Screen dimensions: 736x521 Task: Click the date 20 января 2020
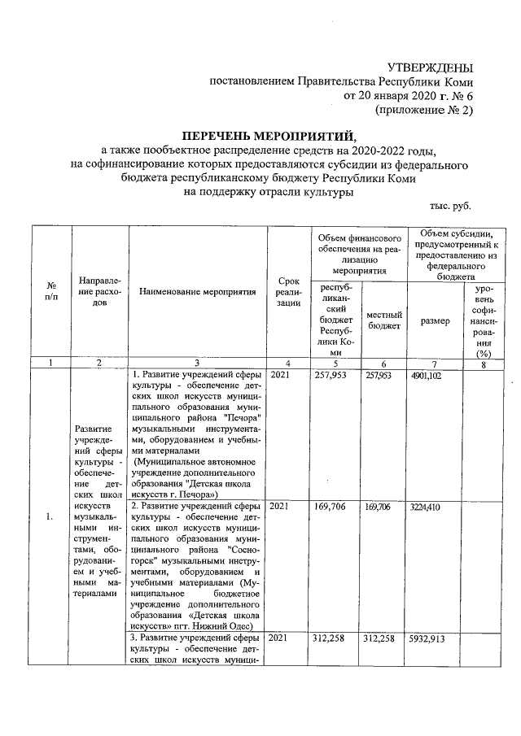tap(390, 96)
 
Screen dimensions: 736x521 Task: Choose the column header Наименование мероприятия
tap(197, 290)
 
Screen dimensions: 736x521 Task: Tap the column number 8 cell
tap(487, 363)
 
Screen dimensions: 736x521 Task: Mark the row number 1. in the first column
tap(50, 516)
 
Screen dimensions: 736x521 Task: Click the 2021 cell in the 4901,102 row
tap(278, 376)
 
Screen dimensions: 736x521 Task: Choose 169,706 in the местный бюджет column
tap(383, 506)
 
